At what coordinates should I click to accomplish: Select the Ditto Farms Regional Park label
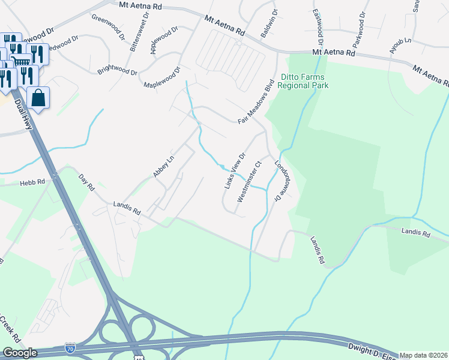point(305,82)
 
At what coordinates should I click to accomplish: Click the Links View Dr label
point(235,172)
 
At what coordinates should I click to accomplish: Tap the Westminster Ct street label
point(250,181)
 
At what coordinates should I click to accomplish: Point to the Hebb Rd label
point(32,182)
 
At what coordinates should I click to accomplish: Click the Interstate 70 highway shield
point(70,348)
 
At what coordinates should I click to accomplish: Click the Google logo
point(19,353)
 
